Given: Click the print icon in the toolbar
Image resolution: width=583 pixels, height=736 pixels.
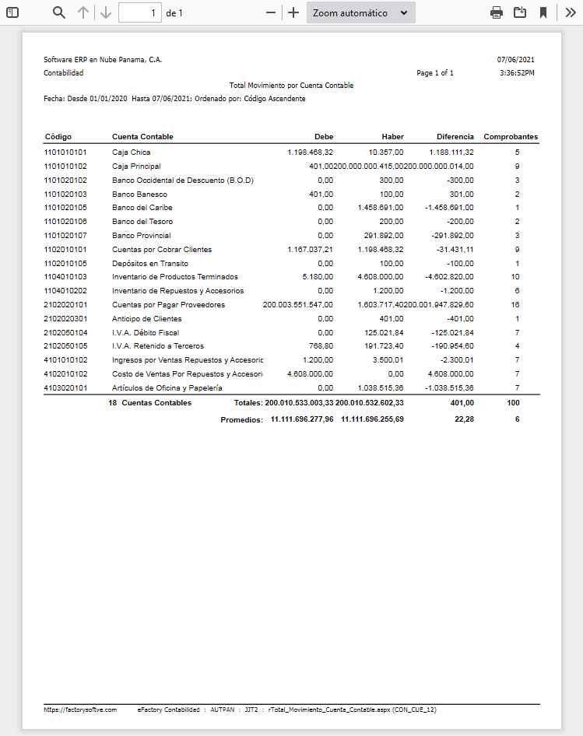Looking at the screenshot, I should (497, 12).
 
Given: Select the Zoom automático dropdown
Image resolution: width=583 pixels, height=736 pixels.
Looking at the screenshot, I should (360, 12).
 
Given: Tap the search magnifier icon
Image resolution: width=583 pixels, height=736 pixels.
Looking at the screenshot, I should (59, 12).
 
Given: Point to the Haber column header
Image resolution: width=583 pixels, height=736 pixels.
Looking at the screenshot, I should (392, 137).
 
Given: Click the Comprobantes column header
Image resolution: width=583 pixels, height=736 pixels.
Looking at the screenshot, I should (511, 137).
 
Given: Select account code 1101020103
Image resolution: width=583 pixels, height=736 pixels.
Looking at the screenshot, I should (65, 194).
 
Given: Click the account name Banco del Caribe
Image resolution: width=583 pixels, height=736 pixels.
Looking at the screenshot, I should (142, 208).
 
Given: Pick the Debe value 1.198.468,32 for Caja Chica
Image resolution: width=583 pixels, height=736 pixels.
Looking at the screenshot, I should (310, 152).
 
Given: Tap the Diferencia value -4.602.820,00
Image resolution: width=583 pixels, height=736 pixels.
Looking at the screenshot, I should (445, 277).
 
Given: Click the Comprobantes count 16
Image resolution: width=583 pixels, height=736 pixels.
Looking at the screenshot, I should (516, 305).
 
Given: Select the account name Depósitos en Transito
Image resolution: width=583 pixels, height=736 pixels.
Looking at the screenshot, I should (150, 263).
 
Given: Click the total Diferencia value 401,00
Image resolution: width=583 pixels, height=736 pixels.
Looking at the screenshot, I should (462, 403).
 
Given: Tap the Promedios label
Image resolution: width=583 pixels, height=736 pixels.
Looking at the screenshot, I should (241, 419).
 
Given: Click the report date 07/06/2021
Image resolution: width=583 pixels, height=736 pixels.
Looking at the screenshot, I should (515, 60).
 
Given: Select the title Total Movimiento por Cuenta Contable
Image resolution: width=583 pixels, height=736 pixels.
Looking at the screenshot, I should (291, 86).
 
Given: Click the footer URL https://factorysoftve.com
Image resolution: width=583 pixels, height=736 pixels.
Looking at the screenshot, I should (80, 710).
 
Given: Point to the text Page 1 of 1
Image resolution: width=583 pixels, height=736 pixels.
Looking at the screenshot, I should (435, 73).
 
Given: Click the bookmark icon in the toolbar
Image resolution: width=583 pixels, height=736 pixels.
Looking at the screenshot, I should (543, 12).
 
